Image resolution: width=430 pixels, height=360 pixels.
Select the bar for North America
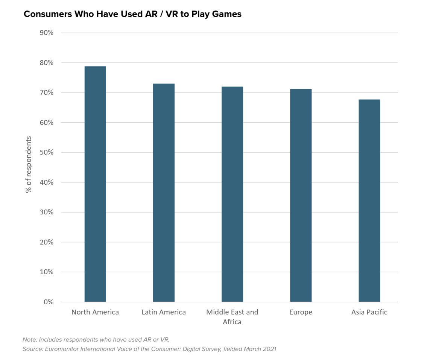point(95,184)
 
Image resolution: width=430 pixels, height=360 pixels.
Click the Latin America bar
point(164,193)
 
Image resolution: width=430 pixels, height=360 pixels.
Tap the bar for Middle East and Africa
point(232,194)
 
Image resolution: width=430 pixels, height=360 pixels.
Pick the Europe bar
point(301,195)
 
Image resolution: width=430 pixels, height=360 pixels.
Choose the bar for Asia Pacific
point(369,201)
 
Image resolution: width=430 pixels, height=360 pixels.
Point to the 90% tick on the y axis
point(46,33)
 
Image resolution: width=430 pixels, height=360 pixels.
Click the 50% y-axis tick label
point(46,152)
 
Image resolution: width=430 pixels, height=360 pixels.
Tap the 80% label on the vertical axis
point(46,63)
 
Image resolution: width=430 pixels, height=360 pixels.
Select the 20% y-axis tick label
point(46,242)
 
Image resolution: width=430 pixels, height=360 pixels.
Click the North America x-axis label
point(95,312)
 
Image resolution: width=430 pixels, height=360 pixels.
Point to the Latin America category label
point(164,312)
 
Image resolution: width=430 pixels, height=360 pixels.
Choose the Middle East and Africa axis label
point(232,317)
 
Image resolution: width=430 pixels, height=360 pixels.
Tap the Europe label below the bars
point(301,312)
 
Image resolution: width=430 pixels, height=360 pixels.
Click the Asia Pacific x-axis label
point(369,312)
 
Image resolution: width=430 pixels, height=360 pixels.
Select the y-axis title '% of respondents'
point(29,164)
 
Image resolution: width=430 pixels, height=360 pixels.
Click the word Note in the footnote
point(29,340)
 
